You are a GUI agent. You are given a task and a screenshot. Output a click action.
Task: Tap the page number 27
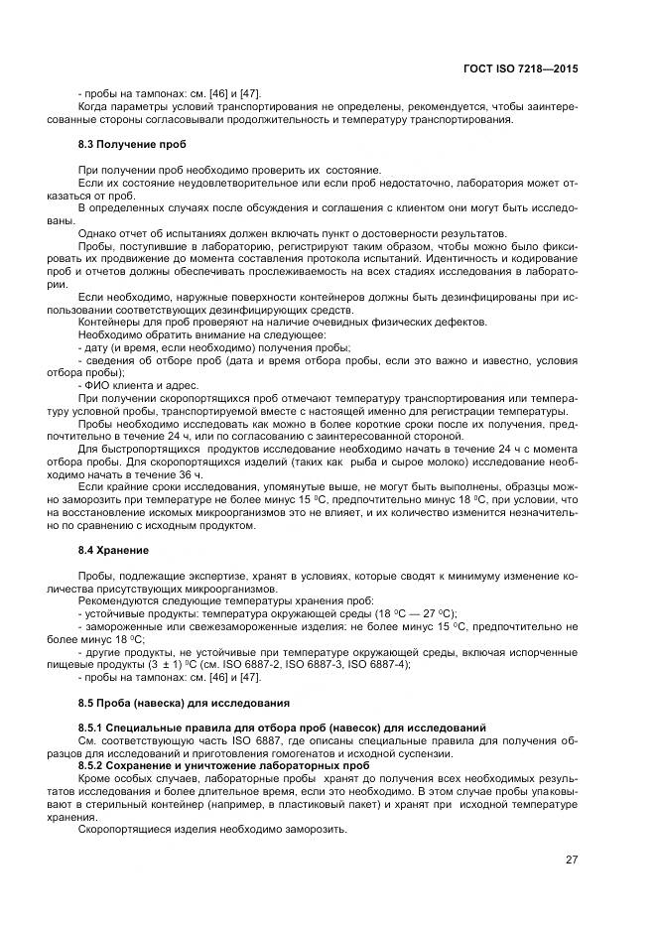[572, 860]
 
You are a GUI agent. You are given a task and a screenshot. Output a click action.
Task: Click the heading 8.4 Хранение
[113, 549]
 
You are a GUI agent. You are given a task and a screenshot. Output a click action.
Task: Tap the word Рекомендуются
[119, 602]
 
